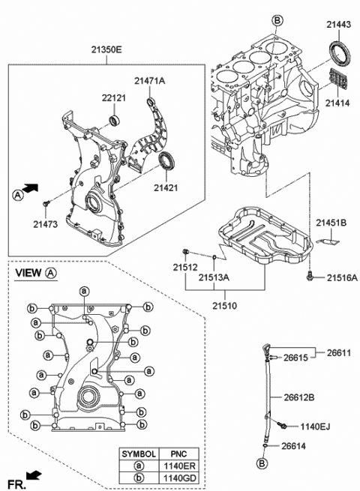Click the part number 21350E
point(106,49)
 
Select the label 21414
point(337,103)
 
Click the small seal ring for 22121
point(114,121)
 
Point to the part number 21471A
point(150,81)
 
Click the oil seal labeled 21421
point(166,162)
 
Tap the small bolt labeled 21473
point(46,204)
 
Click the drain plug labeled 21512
point(185,251)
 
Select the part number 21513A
point(214,277)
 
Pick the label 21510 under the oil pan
point(225,306)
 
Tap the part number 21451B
point(331,223)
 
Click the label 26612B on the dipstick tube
point(299,397)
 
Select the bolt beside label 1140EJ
point(282,424)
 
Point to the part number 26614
point(293,445)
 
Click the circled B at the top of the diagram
point(277,21)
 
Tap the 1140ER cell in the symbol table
point(179,466)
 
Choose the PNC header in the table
point(179,454)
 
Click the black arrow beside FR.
point(34,475)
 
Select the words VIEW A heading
point(36,273)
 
